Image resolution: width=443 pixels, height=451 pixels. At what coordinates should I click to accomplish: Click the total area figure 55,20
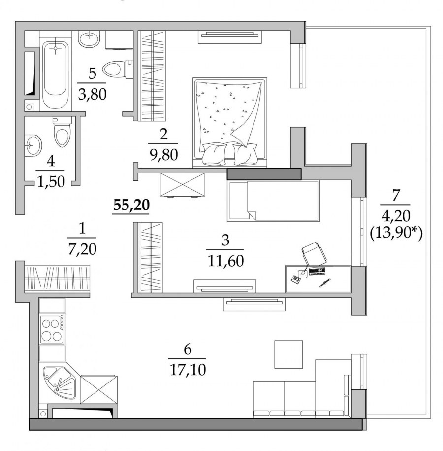click(131, 206)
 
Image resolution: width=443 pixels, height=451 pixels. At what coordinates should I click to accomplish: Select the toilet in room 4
click(62, 132)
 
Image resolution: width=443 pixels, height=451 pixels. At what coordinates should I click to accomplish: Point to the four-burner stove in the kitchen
click(52, 329)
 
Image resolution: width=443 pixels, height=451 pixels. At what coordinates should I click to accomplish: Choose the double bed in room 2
click(229, 122)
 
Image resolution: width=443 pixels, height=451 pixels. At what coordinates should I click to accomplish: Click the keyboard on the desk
click(317, 271)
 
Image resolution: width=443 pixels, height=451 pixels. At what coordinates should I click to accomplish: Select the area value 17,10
click(188, 370)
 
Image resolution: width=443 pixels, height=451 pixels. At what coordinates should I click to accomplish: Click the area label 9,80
click(163, 155)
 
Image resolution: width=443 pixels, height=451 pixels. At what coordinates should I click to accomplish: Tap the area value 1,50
click(51, 182)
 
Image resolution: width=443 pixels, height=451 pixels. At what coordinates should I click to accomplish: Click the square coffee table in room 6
click(288, 354)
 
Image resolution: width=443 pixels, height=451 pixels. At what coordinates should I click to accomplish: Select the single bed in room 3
click(273, 201)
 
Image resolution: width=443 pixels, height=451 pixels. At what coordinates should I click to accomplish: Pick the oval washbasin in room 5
click(89, 39)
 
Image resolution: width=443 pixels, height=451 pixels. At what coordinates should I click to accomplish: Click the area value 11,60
click(225, 261)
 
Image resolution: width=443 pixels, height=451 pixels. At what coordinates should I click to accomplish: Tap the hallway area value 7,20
click(82, 249)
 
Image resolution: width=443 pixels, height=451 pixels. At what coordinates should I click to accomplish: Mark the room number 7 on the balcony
click(396, 195)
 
